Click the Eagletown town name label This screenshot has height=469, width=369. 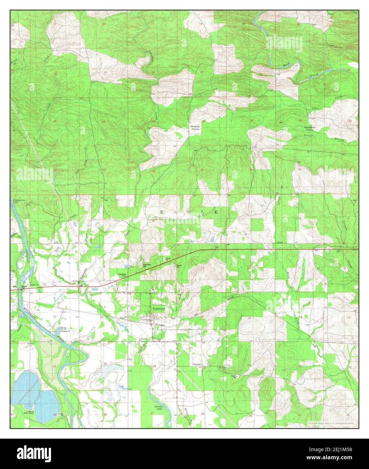158,308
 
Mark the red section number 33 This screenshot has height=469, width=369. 103,169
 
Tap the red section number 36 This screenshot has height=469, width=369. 251,169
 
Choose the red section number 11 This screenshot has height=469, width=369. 203,268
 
